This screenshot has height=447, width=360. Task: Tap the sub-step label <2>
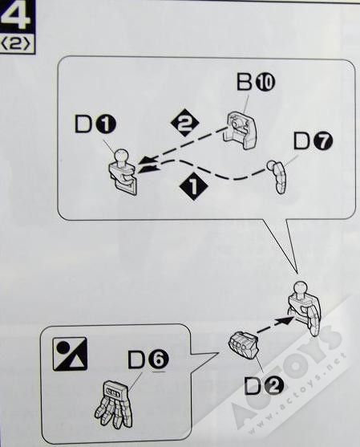(x=17, y=45)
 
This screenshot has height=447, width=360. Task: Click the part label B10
(x=256, y=82)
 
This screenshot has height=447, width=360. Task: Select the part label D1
(x=95, y=125)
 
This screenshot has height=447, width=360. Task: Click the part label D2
(x=264, y=386)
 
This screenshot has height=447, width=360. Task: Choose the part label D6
(x=148, y=360)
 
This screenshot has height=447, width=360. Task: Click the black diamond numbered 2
(x=185, y=123)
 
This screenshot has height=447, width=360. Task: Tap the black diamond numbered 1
(x=194, y=186)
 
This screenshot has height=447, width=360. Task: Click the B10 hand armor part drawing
(x=242, y=130)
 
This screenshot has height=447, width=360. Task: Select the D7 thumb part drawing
(x=277, y=177)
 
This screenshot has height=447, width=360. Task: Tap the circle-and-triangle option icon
(x=70, y=354)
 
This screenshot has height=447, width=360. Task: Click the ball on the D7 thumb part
(x=270, y=165)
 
